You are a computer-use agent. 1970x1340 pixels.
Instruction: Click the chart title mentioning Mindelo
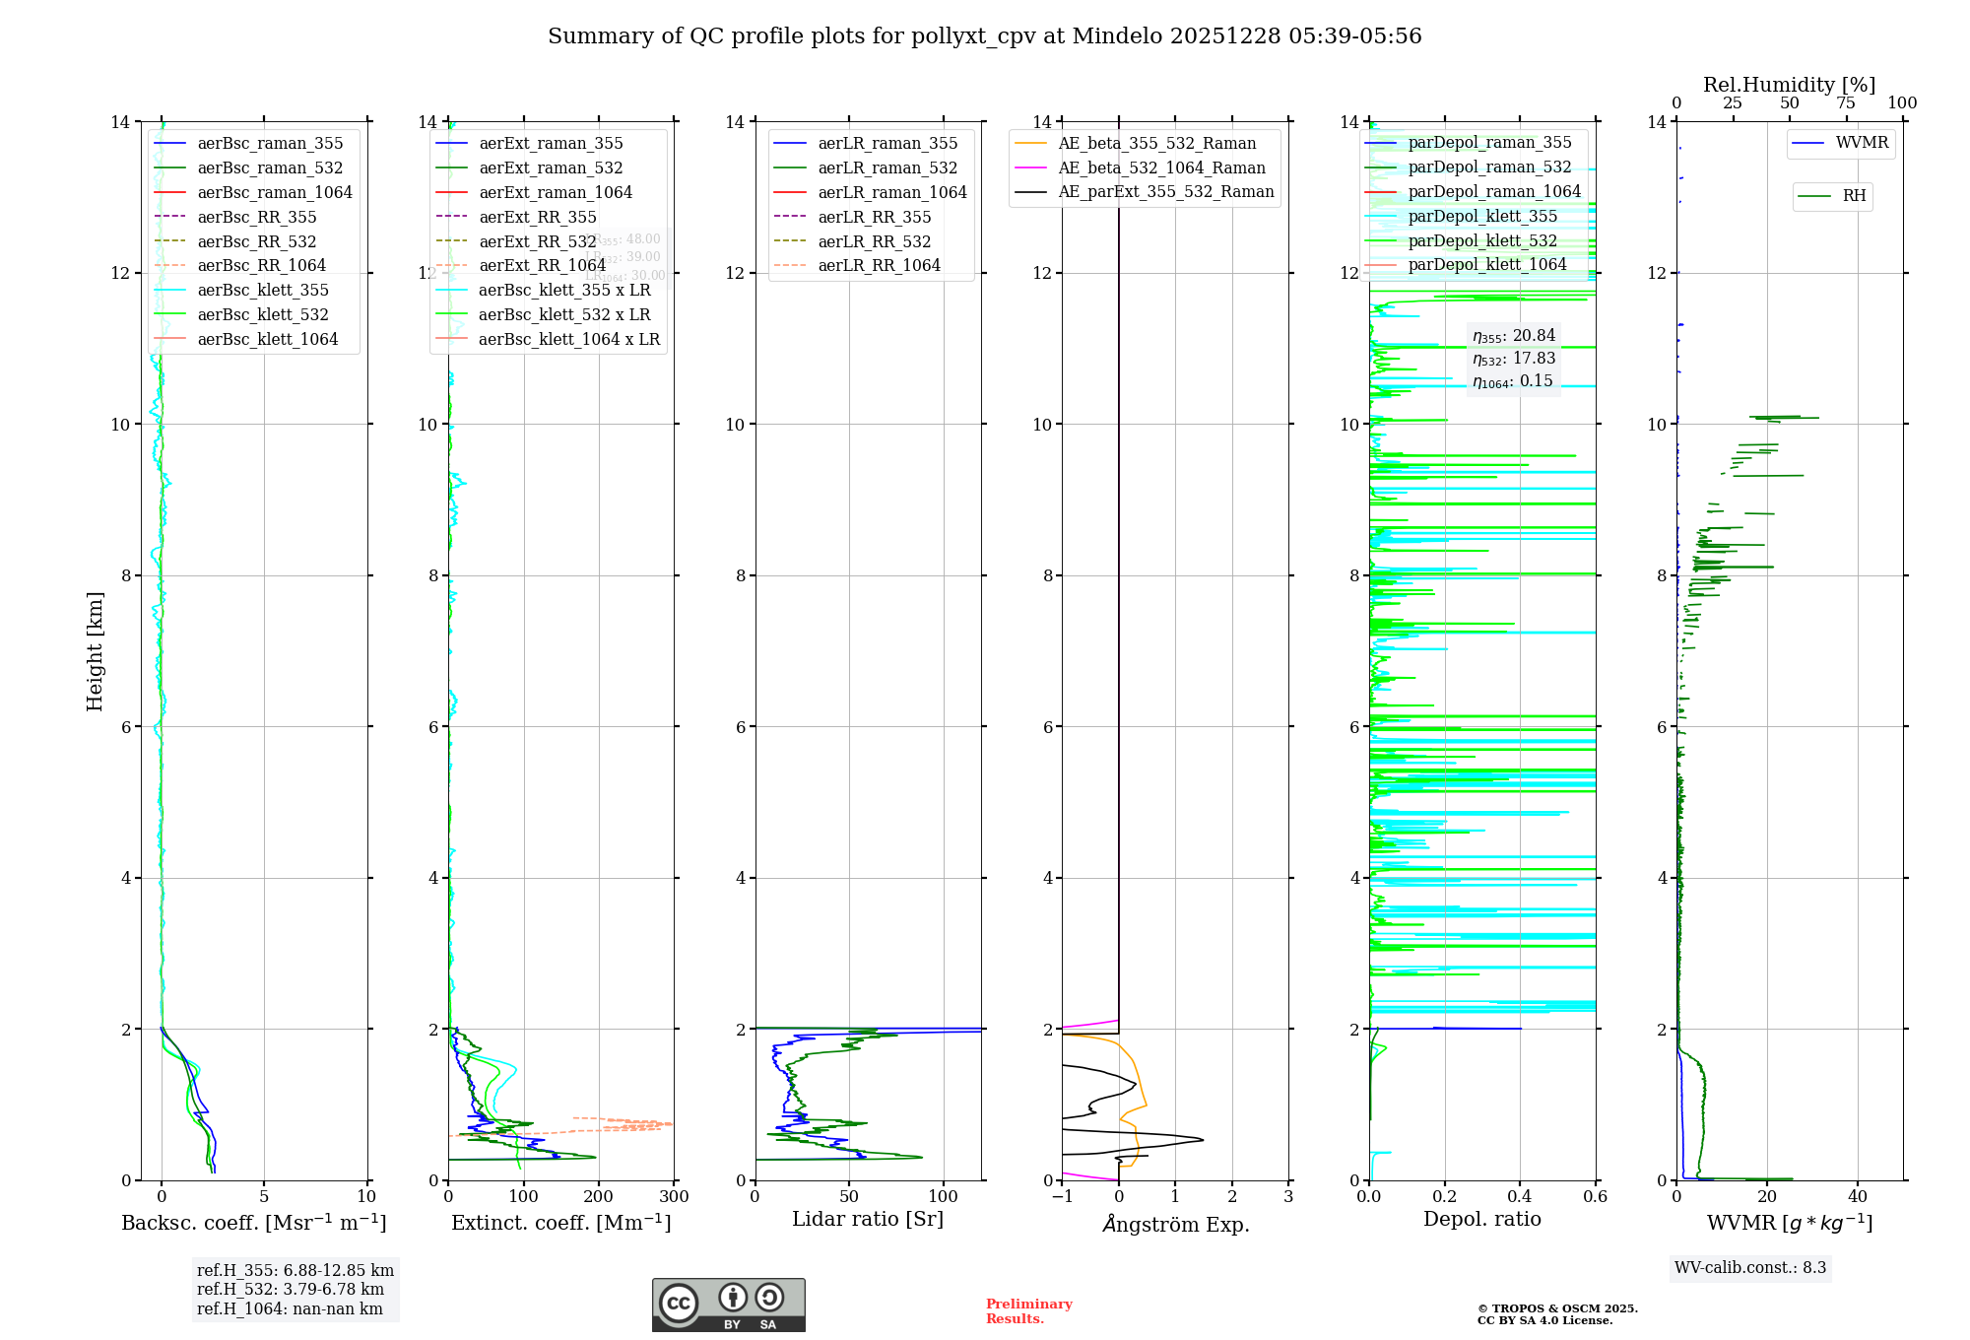coord(984,36)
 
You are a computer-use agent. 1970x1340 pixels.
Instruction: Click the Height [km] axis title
coord(95,651)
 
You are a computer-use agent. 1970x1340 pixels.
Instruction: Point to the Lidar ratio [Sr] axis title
coord(867,1219)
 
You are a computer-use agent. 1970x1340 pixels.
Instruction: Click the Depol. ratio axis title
coord(1481,1219)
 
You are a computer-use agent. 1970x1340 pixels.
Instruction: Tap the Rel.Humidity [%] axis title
coord(1789,85)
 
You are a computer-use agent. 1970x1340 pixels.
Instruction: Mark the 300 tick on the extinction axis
coord(674,1197)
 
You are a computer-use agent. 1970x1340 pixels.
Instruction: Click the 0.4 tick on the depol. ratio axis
coord(1520,1197)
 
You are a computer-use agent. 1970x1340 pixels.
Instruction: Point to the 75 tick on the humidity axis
coord(1846,103)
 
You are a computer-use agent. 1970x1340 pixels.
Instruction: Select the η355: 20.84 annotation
coord(1514,336)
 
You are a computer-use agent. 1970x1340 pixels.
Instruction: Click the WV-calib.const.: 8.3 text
coord(1749,1267)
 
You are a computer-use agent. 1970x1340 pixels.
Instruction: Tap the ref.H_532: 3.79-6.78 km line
coord(291,1289)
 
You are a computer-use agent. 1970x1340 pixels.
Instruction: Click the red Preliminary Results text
coord(1028,1310)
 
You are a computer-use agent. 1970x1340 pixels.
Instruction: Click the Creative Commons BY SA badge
coord(728,1305)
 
